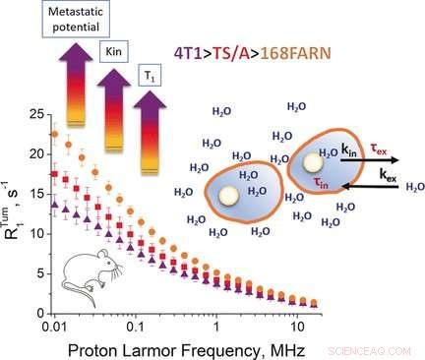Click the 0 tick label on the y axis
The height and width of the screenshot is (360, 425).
[38, 314]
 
